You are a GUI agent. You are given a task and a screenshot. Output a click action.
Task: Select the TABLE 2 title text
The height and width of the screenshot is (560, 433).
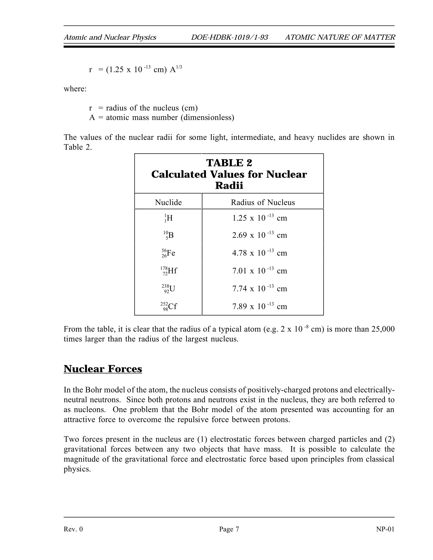229,163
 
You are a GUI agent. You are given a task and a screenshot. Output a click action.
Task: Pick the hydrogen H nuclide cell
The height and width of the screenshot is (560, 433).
169,218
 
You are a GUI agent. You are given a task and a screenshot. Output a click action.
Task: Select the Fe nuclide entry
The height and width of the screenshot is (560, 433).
169,253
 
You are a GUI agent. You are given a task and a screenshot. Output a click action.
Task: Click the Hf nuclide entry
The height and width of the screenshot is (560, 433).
169,271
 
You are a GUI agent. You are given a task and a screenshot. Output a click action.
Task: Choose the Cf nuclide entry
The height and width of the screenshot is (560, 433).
169,306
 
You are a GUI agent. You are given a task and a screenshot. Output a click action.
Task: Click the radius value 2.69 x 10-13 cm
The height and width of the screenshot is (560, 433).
259,235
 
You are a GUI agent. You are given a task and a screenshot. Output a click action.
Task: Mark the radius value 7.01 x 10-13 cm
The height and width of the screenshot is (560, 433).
259,271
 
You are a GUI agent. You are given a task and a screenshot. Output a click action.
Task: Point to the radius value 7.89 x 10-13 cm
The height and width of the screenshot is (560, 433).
259,306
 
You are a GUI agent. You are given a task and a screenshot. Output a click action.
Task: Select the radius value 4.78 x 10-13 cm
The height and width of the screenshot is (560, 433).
259,253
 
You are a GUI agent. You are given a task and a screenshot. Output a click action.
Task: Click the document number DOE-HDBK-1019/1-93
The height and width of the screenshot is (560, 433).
229,37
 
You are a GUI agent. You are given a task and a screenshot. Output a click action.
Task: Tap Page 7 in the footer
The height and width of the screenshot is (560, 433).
229,529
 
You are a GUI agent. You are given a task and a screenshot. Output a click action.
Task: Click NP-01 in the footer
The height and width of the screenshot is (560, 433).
385,529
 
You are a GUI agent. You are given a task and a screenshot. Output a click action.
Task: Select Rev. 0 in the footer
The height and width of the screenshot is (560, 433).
73,529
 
